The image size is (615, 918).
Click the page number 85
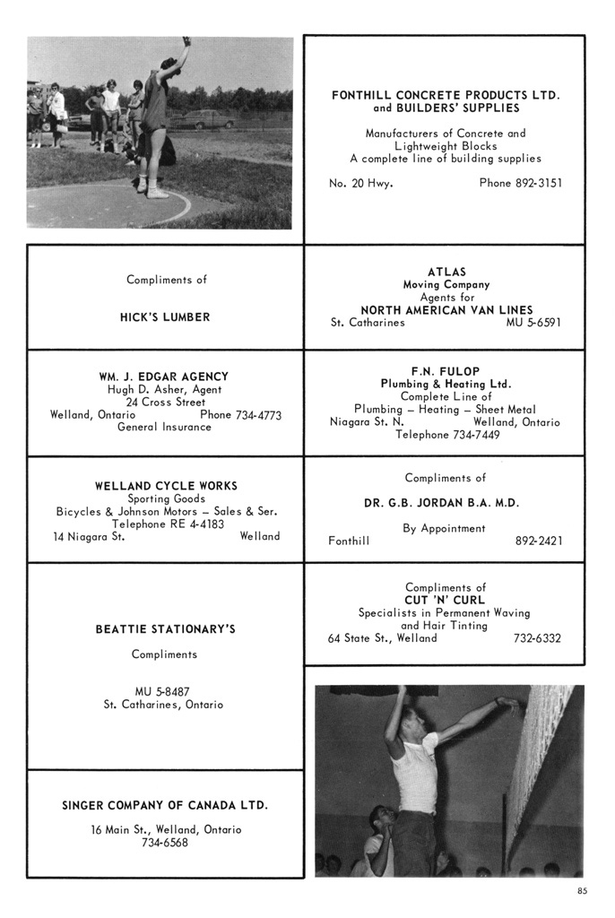click(583, 891)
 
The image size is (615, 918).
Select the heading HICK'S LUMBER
click(165, 316)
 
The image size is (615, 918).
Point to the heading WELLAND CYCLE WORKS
click(166, 486)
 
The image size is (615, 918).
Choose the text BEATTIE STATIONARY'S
click(165, 629)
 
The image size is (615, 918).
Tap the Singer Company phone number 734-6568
click(165, 843)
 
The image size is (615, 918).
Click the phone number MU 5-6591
click(533, 323)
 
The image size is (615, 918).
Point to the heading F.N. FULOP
click(446, 371)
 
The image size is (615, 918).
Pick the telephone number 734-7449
click(472, 435)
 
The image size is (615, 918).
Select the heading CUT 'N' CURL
click(444, 600)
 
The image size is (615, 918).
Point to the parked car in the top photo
click(206, 118)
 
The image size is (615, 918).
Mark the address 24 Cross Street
click(165, 403)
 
